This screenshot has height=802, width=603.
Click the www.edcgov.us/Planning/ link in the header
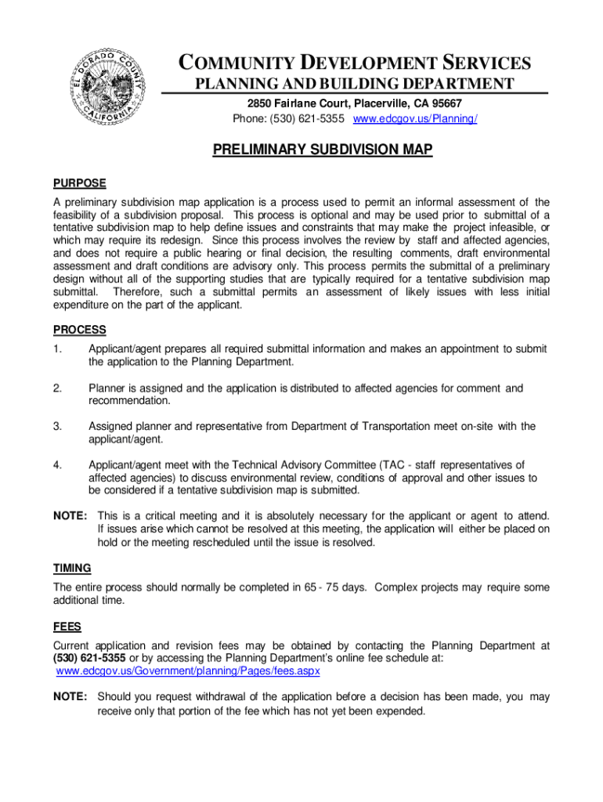(415, 119)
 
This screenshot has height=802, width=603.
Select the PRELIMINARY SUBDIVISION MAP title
(323, 150)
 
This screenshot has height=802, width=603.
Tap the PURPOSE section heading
(79, 183)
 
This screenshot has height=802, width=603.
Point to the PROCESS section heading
(80, 330)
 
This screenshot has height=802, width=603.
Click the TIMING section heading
(72, 568)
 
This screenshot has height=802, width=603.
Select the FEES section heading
(67, 627)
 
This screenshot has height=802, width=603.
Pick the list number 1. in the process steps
(57, 349)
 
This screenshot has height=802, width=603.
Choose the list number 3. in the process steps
(57, 426)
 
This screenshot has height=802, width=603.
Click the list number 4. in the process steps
(57, 464)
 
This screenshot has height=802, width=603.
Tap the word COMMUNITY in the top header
(236, 63)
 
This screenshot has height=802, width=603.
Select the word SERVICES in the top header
(482, 63)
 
